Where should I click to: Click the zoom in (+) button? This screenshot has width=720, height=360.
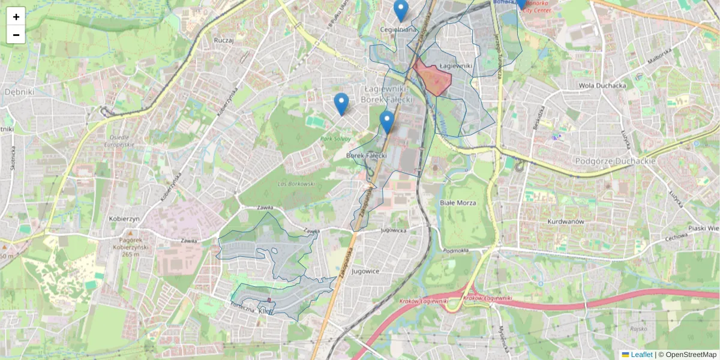[x=16, y=17]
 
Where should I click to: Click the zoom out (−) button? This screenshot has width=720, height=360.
[x=16, y=35]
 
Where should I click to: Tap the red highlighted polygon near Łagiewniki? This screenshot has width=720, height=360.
[x=434, y=79]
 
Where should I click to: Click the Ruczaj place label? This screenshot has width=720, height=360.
[x=223, y=40]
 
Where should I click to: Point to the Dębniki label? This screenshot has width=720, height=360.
[x=20, y=92]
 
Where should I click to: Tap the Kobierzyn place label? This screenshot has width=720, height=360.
[x=124, y=218]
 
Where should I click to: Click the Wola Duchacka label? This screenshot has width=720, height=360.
[x=602, y=85]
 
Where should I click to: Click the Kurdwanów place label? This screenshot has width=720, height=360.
[x=566, y=221]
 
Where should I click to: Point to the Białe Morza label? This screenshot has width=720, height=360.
[x=458, y=203]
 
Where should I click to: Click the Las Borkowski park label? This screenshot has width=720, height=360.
[x=296, y=184]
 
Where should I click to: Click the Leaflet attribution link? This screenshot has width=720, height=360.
[x=641, y=355]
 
